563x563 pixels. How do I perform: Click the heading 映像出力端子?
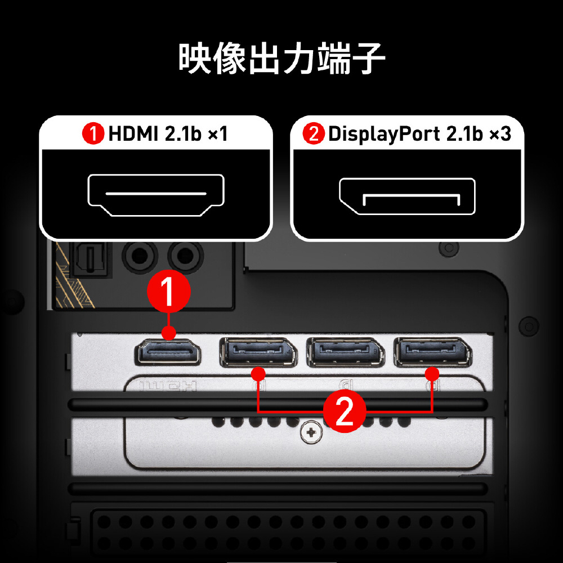(281, 58)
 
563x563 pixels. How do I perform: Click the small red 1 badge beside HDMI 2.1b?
(93, 133)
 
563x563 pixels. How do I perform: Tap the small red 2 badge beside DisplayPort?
(314, 133)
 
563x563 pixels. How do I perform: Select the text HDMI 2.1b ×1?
(168, 134)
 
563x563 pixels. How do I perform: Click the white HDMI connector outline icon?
(156, 195)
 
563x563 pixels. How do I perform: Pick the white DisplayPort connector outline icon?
(407, 196)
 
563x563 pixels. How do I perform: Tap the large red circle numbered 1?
(169, 291)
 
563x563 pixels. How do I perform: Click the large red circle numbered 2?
(345, 411)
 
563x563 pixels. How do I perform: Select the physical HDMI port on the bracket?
(167, 352)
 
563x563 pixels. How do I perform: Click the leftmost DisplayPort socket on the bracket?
(258, 352)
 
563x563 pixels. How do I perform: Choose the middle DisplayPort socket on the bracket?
(346, 352)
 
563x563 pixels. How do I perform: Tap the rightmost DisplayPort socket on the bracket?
(432, 352)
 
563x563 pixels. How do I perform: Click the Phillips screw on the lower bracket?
(311, 432)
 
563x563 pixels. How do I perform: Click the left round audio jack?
(140, 256)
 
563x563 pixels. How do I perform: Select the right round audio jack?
(186, 256)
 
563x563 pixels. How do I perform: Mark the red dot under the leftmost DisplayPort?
(258, 374)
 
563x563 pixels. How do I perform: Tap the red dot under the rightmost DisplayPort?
(432, 374)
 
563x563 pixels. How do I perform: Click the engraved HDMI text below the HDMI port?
(168, 386)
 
